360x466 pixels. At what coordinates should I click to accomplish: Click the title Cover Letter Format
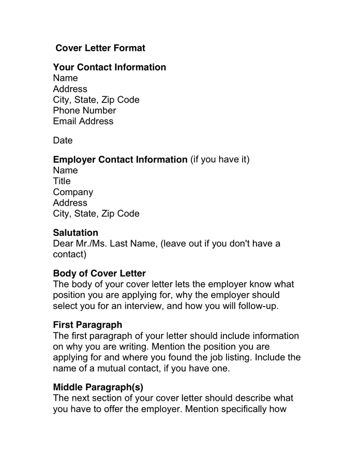tap(100, 48)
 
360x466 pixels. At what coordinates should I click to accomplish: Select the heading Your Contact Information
tap(109, 67)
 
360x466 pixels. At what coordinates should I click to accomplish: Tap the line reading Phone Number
tap(84, 110)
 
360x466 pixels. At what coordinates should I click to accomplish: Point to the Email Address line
tap(83, 121)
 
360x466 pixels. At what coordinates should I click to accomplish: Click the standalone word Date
tap(63, 140)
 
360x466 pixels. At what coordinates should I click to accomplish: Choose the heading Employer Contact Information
tap(120, 159)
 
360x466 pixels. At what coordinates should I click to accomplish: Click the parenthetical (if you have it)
tap(220, 159)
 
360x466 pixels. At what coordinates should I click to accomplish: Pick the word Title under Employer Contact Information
tap(62, 181)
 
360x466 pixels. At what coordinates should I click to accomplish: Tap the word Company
tap(73, 192)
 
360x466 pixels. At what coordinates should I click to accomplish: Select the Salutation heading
tap(76, 233)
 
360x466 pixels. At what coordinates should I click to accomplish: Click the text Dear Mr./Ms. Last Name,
tap(105, 243)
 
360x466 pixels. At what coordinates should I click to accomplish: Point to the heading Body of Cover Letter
tap(99, 273)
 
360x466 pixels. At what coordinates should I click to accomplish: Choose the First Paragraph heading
tap(87, 325)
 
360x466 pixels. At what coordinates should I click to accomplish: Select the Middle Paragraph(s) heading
tap(98, 387)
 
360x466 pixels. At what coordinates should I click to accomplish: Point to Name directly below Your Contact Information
tap(65, 78)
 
